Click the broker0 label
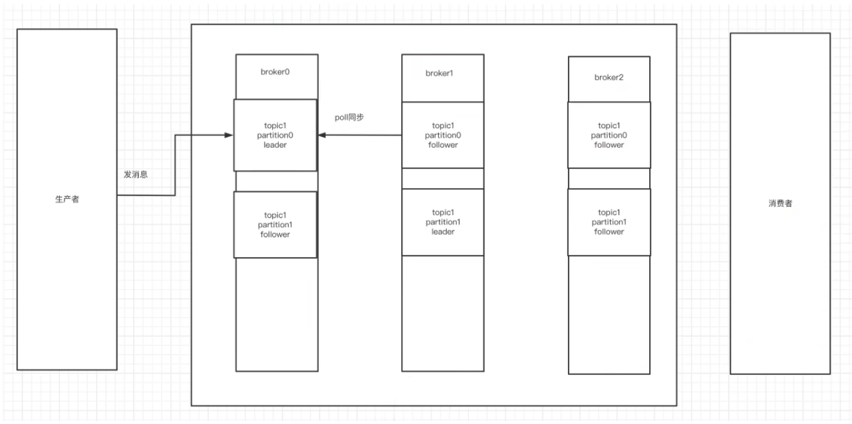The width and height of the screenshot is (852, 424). pyautogui.click(x=275, y=72)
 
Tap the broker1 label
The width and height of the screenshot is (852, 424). pyautogui.click(x=440, y=73)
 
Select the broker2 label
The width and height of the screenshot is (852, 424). pyautogui.click(x=609, y=78)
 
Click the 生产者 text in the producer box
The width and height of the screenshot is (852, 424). pyautogui.click(x=67, y=199)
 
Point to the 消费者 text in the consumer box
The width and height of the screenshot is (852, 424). pyautogui.click(x=780, y=203)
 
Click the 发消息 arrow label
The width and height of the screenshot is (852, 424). pyautogui.click(x=136, y=174)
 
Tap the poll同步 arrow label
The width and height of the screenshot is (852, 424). pyautogui.click(x=349, y=118)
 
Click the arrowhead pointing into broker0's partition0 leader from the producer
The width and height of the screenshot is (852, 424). pyautogui.click(x=229, y=136)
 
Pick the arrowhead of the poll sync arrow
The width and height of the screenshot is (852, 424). pyautogui.click(x=322, y=135)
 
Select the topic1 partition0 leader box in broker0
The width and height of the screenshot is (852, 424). pyautogui.click(x=275, y=136)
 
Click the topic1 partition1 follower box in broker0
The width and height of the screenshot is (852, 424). pyautogui.click(x=275, y=225)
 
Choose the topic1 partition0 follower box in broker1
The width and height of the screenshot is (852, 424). pyautogui.click(x=443, y=135)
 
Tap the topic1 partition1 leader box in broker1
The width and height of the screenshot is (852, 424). pyautogui.click(x=443, y=222)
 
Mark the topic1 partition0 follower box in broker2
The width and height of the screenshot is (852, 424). pyautogui.click(x=609, y=135)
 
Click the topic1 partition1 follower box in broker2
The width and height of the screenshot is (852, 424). pyautogui.click(x=609, y=222)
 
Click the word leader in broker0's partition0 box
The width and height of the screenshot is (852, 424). pyautogui.click(x=275, y=145)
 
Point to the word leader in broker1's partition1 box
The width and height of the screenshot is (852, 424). pyautogui.click(x=443, y=232)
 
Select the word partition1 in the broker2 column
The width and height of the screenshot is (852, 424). pyautogui.click(x=609, y=222)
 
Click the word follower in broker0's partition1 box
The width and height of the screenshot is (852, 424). pyautogui.click(x=275, y=235)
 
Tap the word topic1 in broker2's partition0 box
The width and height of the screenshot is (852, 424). pyautogui.click(x=609, y=126)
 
